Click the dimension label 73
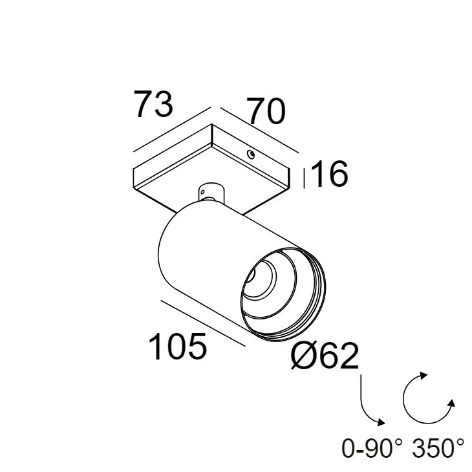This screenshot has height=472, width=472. click(153, 104)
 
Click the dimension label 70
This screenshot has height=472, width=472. click(266, 111)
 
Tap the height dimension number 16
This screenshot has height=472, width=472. click(329, 174)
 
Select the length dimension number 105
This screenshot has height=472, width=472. click(178, 346)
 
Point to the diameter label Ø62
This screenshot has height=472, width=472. click(325, 356)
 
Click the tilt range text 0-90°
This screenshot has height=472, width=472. click(372, 448)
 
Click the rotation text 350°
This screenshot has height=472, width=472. click(438, 448)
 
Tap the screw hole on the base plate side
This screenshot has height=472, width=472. click(250, 155)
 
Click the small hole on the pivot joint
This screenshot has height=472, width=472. click(203, 192)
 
